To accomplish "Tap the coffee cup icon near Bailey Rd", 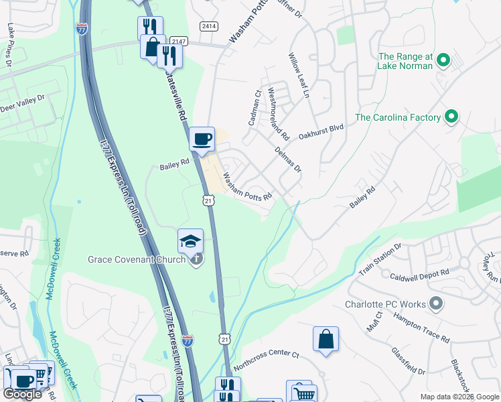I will point(202,139).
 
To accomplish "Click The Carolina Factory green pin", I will point(451,117).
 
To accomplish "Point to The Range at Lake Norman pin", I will point(443,62).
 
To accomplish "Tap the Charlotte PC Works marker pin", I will point(436,304).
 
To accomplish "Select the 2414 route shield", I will point(208,25).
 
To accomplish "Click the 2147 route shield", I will point(177,42).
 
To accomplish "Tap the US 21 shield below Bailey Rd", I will point(208,200).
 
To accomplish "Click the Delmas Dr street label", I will point(289,160).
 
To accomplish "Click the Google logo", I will point(22,394).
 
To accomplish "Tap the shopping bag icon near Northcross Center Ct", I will point(326,338).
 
